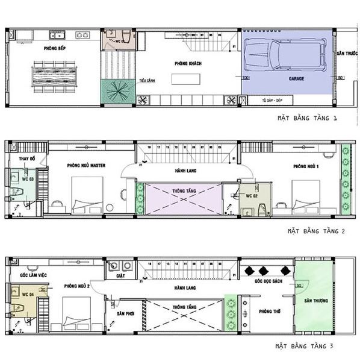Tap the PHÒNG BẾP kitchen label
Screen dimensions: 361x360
pyautogui.click(x=55, y=46)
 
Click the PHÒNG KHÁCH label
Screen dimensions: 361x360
pyautogui.click(x=188, y=63)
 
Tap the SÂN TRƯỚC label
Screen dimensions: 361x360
pyautogui.click(x=343, y=54)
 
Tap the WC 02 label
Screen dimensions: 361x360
pyautogui.click(x=252, y=196)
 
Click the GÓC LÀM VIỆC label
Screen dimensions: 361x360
pyautogui.click(x=29, y=274)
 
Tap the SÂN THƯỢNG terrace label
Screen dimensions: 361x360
pyautogui.click(x=315, y=300)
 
